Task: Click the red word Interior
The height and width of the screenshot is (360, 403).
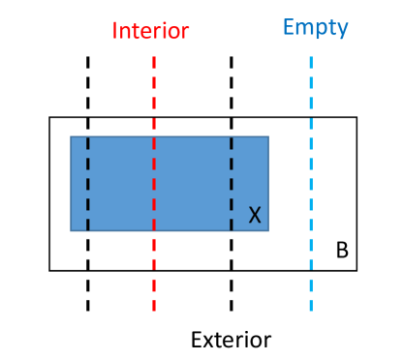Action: pyautogui.click(x=150, y=30)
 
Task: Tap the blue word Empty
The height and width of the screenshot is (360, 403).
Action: pyautogui.click(x=316, y=26)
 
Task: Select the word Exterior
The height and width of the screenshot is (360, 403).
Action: pyautogui.click(x=231, y=340)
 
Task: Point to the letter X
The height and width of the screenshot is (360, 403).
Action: pyautogui.click(x=255, y=215)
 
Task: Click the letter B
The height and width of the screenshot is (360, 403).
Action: pyautogui.click(x=342, y=251)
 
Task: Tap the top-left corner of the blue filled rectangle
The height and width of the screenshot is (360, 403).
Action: pyautogui.click(x=71, y=136)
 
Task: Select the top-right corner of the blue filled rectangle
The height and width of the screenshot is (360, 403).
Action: pyautogui.click(x=268, y=136)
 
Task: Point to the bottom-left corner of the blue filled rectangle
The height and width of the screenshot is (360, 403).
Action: pyautogui.click(x=71, y=230)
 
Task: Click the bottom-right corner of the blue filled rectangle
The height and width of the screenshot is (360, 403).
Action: pyautogui.click(x=268, y=230)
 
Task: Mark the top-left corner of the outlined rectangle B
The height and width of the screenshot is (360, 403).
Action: pyautogui.click(x=49, y=117)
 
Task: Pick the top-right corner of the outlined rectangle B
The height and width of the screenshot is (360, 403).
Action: pyautogui.click(x=357, y=117)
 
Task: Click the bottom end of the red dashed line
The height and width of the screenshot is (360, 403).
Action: pyautogui.click(x=154, y=311)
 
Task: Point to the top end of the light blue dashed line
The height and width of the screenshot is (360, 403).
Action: pyautogui.click(x=311, y=56)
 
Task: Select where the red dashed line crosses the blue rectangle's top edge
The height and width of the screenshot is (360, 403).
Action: pyautogui.click(x=154, y=136)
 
